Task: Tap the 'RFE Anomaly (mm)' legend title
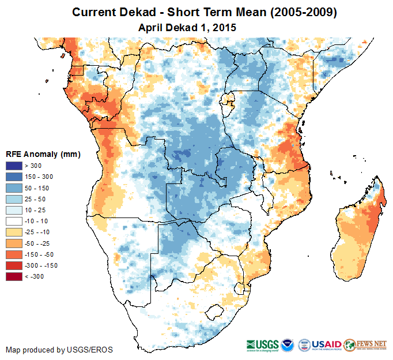[x=43, y=155]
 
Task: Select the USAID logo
[x=327, y=343]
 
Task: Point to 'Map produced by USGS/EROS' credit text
[x=59, y=350]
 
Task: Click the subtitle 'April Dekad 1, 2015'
[x=188, y=27]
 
